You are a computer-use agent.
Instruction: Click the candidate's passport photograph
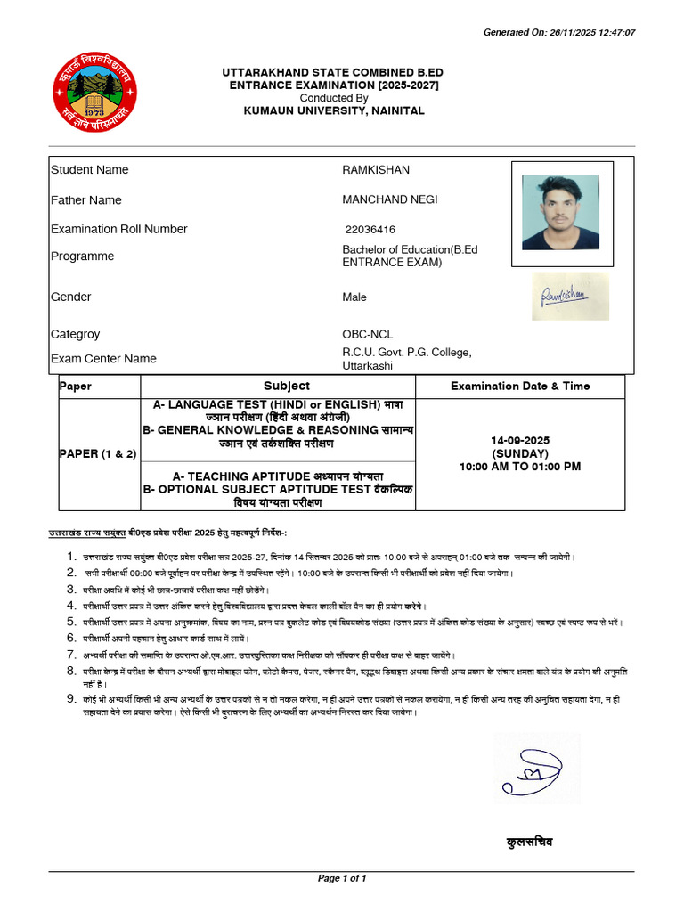pyautogui.click(x=560, y=213)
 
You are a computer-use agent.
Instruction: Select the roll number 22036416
pyautogui.click(x=370, y=230)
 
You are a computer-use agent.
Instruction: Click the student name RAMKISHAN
pyautogui.click(x=376, y=170)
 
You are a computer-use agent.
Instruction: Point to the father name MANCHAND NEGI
pyautogui.click(x=389, y=200)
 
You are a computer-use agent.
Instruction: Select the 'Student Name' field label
pyautogui.click(x=89, y=170)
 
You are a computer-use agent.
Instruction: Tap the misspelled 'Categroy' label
pyautogui.click(x=76, y=335)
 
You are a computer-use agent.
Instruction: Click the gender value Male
pyautogui.click(x=354, y=297)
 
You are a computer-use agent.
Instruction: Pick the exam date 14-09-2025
pyautogui.click(x=520, y=440)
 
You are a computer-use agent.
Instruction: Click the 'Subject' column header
pyautogui.click(x=287, y=387)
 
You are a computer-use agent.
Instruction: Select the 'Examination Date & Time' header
pyautogui.click(x=520, y=387)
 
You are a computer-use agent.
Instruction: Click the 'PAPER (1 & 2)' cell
pyautogui.click(x=98, y=453)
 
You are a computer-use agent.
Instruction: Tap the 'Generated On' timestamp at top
pyautogui.click(x=558, y=33)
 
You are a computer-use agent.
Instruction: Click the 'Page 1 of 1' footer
pyautogui.click(x=342, y=879)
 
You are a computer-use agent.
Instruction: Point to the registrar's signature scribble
pyautogui.click(x=536, y=769)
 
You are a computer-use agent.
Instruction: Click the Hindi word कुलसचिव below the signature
pyautogui.click(x=529, y=842)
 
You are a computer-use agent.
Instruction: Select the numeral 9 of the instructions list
pyautogui.click(x=70, y=699)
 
